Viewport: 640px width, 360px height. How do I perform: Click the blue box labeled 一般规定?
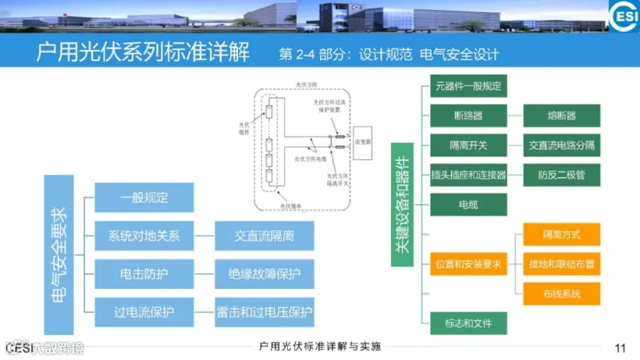[x=144, y=198]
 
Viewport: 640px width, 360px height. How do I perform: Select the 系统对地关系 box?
[x=144, y=235]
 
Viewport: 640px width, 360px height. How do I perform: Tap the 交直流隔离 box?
[x=264, y=235]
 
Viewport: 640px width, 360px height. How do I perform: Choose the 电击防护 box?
[x=144, y=274]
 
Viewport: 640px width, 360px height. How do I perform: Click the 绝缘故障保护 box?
[x=264, y=274]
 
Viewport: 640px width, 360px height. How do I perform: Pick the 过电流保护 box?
[x=144, y=312]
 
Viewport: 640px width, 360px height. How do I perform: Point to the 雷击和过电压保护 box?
[x=264, y=312]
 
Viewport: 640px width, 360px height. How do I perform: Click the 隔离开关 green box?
[x=468, y=145]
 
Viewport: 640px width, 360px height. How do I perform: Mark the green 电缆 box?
[x=468, y=205]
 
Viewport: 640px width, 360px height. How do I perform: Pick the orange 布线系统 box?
[x=561, y=294]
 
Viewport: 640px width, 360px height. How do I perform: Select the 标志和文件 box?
[x=468, y=324]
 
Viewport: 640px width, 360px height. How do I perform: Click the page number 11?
[x=619, y=348]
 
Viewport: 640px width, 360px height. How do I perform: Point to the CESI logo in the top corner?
[x=623, y=16]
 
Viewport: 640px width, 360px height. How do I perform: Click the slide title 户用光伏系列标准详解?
[x=143, y=53]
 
